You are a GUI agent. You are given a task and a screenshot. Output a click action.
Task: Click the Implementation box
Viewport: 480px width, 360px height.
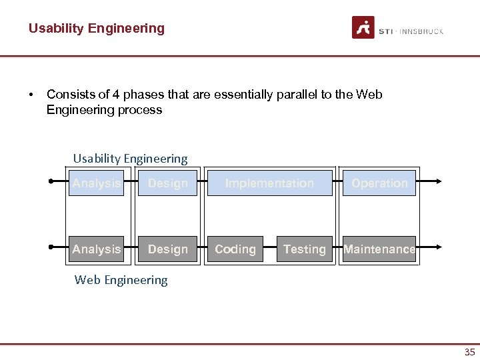coord(269,183)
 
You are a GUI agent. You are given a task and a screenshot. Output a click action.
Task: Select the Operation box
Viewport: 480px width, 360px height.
coord(379,183)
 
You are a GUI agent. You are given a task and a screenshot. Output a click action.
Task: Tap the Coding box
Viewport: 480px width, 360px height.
coord(235,249)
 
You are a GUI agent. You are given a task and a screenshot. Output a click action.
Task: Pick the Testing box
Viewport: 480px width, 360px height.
coord(304,249)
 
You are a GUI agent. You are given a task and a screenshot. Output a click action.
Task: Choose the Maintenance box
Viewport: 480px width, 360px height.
coord(379,249)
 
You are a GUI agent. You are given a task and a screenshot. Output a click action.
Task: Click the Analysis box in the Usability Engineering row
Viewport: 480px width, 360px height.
coord(97,183)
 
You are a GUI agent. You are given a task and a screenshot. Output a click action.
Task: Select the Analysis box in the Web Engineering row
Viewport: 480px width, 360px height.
coord(97,249)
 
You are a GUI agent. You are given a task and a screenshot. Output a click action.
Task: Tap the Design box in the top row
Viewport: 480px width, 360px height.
coord(167,183)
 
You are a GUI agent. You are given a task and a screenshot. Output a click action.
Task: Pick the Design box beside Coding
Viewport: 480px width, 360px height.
coord(167,249)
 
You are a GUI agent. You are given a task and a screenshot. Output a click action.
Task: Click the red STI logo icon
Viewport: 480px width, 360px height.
coord(363,27)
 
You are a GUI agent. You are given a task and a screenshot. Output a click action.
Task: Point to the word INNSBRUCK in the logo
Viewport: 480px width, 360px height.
coord(421,31)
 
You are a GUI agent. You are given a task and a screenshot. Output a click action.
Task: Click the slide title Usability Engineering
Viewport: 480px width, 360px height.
coord(96,28)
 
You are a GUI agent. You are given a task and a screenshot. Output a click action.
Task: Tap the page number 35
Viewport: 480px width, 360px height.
coord(469,352)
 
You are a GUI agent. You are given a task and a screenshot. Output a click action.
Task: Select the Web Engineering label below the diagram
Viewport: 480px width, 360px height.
coord(121,280)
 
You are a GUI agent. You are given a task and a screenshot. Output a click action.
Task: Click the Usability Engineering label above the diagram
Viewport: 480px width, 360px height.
coord(130,159)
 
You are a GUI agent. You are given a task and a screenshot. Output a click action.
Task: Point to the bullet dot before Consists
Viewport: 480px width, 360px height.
coord(32,95)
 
